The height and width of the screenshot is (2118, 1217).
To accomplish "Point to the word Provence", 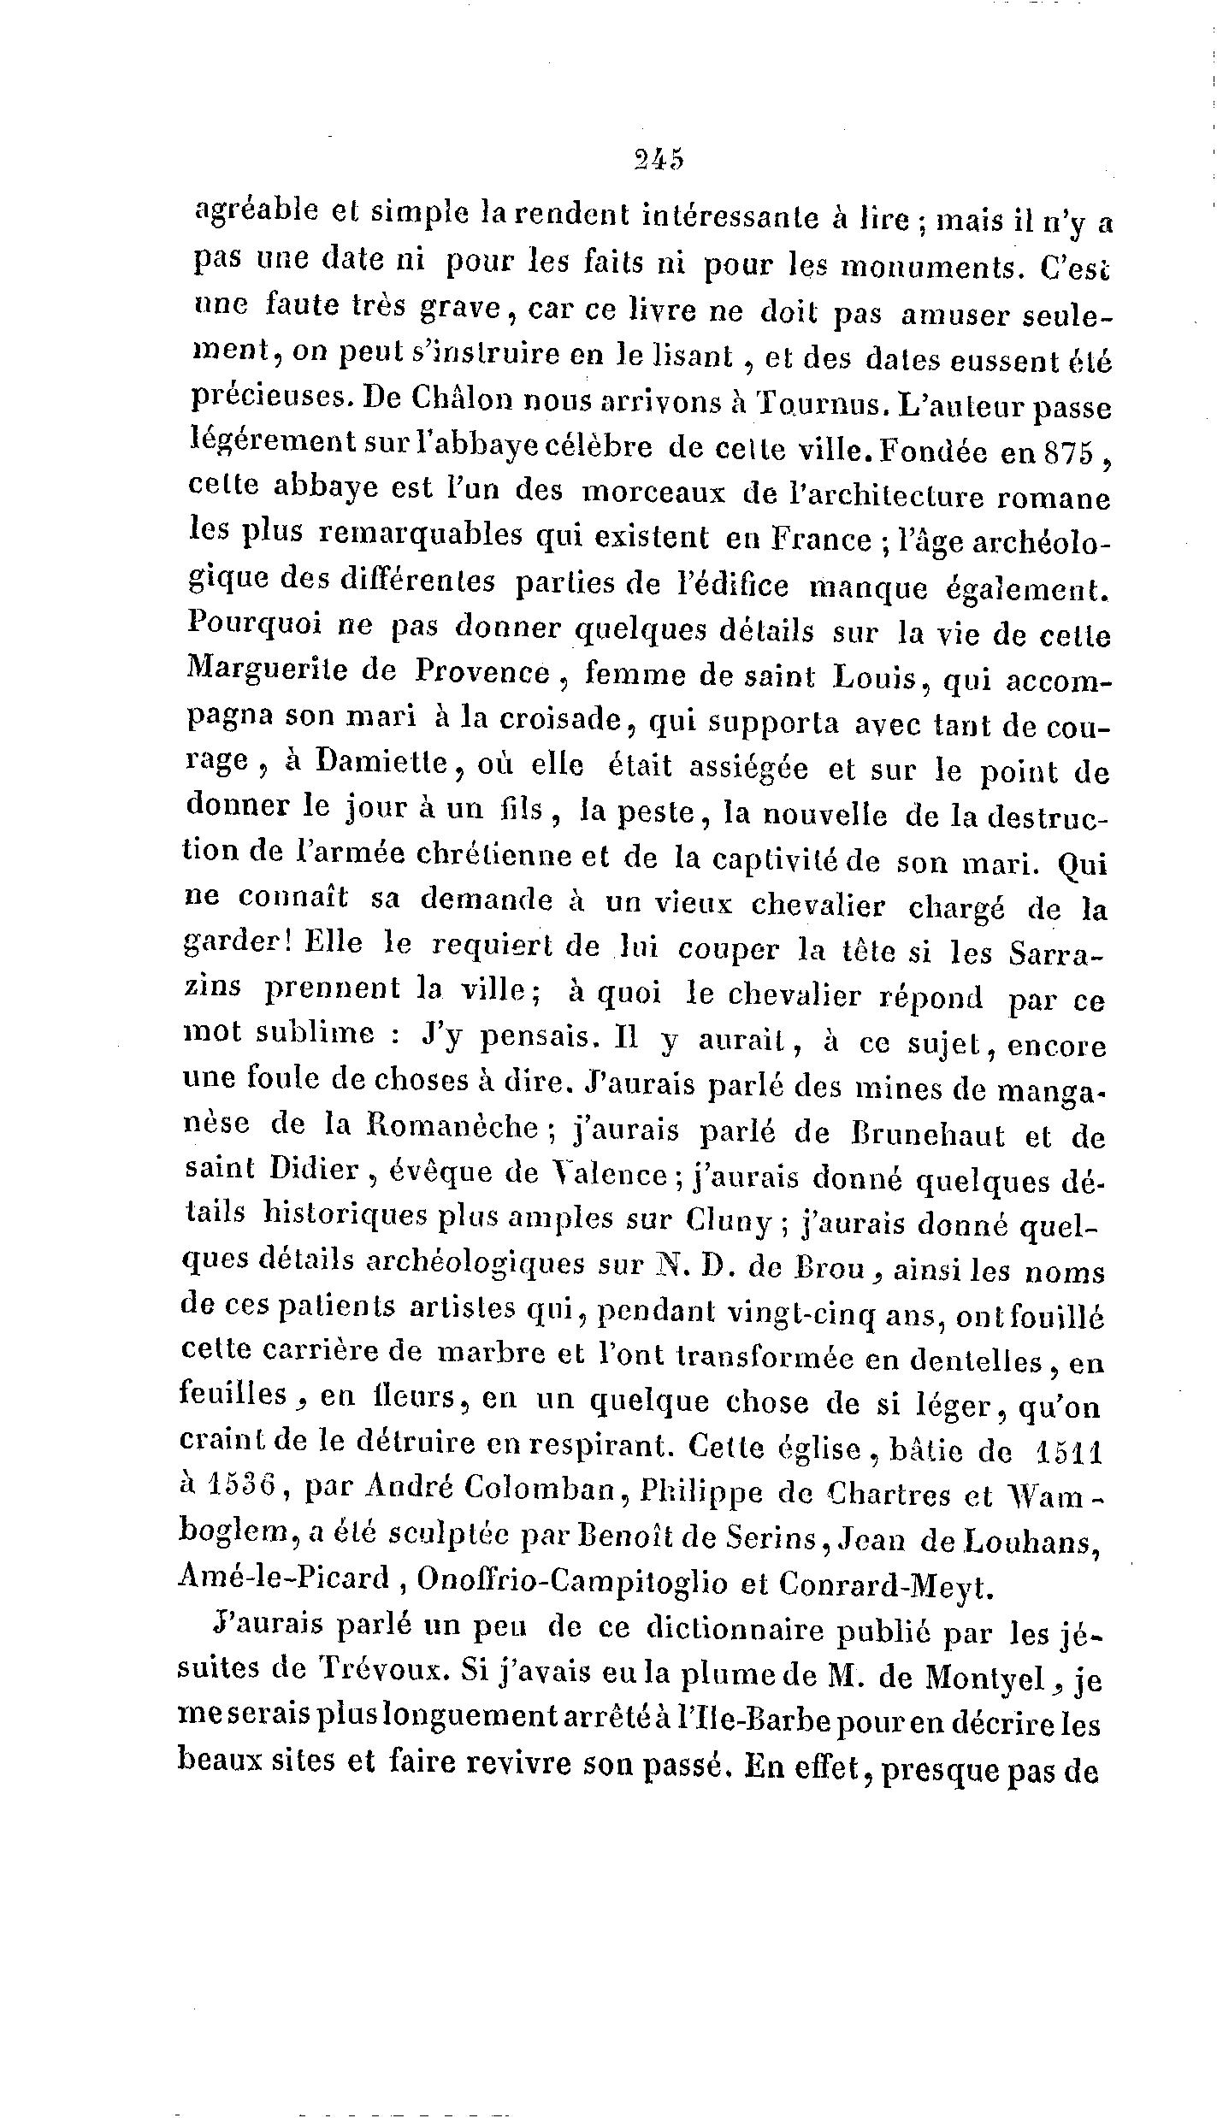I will [481, 673].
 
